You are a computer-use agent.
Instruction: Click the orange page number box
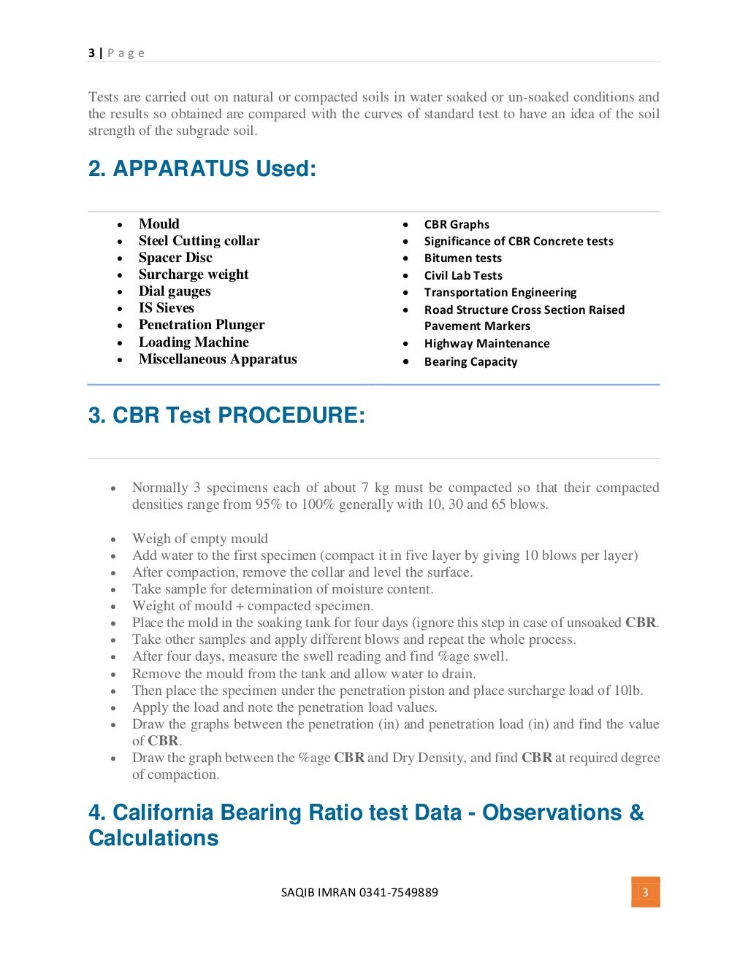tap(645, 892)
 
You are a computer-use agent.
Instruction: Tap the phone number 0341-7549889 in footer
tap(399, 892)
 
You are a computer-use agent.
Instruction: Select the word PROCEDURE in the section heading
tap(291, 415)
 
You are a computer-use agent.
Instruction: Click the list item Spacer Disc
tap(175, 258)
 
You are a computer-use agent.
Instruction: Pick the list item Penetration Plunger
tap(202, 325)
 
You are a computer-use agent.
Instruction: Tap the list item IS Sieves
tap(166, 308)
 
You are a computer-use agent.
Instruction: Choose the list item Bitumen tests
tap(462, 258)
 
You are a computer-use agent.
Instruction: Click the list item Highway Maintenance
tap(486, 344)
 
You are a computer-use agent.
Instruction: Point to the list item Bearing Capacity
tap(470, 362)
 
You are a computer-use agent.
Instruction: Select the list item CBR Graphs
tap(457, 225)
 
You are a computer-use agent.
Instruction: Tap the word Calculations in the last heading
tap(153, 838)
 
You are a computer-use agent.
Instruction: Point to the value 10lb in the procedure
tap(627, 691)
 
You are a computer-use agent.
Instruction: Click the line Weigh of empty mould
tap(199, 539)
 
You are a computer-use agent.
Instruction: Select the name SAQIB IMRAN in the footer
tap(318, 892)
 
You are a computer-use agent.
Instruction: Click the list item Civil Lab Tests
tap(463, 276)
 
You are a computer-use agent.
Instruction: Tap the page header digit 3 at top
tap(91, 53)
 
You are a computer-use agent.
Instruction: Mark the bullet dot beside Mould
tap(120, 225)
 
